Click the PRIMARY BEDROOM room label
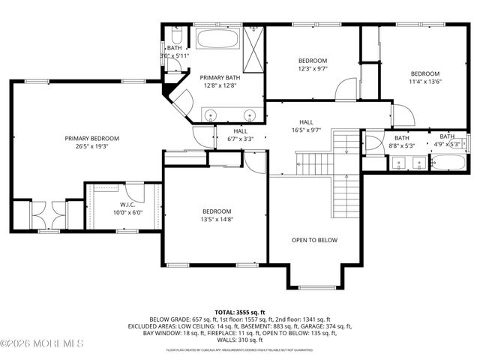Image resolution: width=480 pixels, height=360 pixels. click(91, 138)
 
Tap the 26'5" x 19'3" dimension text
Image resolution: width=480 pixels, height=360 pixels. click(91, 147)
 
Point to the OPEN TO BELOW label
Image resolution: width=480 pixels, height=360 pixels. click(314, 240)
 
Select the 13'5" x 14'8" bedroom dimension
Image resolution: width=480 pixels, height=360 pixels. click(217, 220)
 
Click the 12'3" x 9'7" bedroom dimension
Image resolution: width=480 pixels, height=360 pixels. click(313, 69)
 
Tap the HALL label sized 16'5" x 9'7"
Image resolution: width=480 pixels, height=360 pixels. click(306, 122)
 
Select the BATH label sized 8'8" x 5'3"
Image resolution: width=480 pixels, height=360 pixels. click(402, 138)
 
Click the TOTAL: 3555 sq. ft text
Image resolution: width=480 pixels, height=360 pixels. click(240, 311)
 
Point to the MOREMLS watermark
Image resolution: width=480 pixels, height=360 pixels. click(41, 344)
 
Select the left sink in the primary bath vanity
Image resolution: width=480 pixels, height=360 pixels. click(212, 115)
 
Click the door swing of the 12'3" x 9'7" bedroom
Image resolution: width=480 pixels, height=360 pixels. click(346, 91)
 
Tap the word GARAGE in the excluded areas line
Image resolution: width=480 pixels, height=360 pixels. click(309, 326)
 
